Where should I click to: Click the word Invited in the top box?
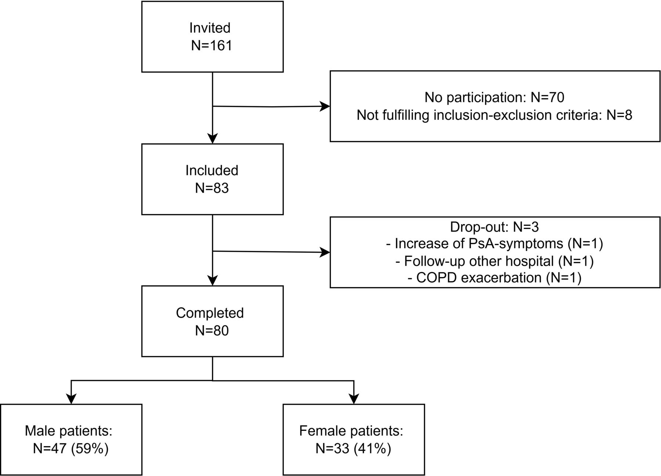click(210, 28)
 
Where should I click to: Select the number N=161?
click(212, 46)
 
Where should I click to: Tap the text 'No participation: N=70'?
click(494, 97)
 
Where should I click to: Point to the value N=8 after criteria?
click(620, 115)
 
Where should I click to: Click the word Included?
click(212, 171)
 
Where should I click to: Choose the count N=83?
click(212, 188)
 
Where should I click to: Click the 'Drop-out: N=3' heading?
click(494, 227)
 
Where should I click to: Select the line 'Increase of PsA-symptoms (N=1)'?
click(495, 244)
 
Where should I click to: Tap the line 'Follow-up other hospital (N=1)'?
click(495, 261)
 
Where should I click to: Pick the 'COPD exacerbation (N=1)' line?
click(495, 278)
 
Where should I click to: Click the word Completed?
click(210, 313)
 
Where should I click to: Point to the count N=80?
click(212, 331)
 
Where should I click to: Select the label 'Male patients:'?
click(69, 431)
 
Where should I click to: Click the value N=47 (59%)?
click(71, 449)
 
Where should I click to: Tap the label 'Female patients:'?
click(351, 431)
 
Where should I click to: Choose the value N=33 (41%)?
click(353, 449)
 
